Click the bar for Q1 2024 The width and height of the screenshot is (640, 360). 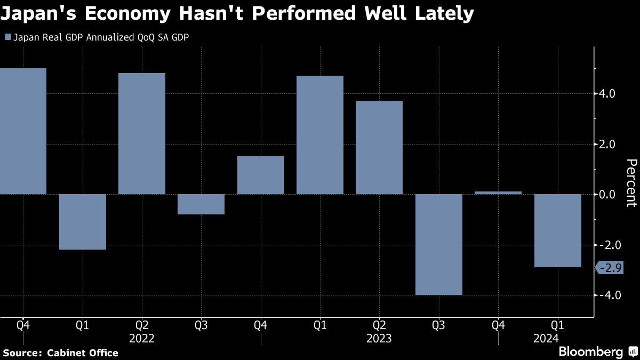tap(558, 230)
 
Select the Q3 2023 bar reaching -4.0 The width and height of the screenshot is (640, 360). tap(439, 244)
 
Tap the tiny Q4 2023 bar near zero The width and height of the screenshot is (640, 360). tap(498, 193)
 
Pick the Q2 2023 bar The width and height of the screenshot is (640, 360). tap(379, 148)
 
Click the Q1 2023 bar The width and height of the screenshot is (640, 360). tap(320, 135)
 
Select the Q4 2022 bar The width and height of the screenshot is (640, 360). tap(260, 175)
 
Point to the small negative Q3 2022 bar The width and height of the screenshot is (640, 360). tap(201, 204)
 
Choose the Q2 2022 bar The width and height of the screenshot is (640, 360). tap(142, 134)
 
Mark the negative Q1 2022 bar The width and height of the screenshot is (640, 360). tap(83, 222)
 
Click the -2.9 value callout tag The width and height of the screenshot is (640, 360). tap(610, 268)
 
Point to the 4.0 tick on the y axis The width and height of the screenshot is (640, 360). tap(607, 94)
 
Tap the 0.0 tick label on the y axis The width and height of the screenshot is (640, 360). tap(607, 195)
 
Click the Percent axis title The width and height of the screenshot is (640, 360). tap(631, 183)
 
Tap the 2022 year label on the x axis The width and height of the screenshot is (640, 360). tap(142, 339)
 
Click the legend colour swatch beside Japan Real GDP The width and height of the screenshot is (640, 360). tap(7, 37)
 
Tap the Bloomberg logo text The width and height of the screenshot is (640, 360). tap(590, 352)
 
